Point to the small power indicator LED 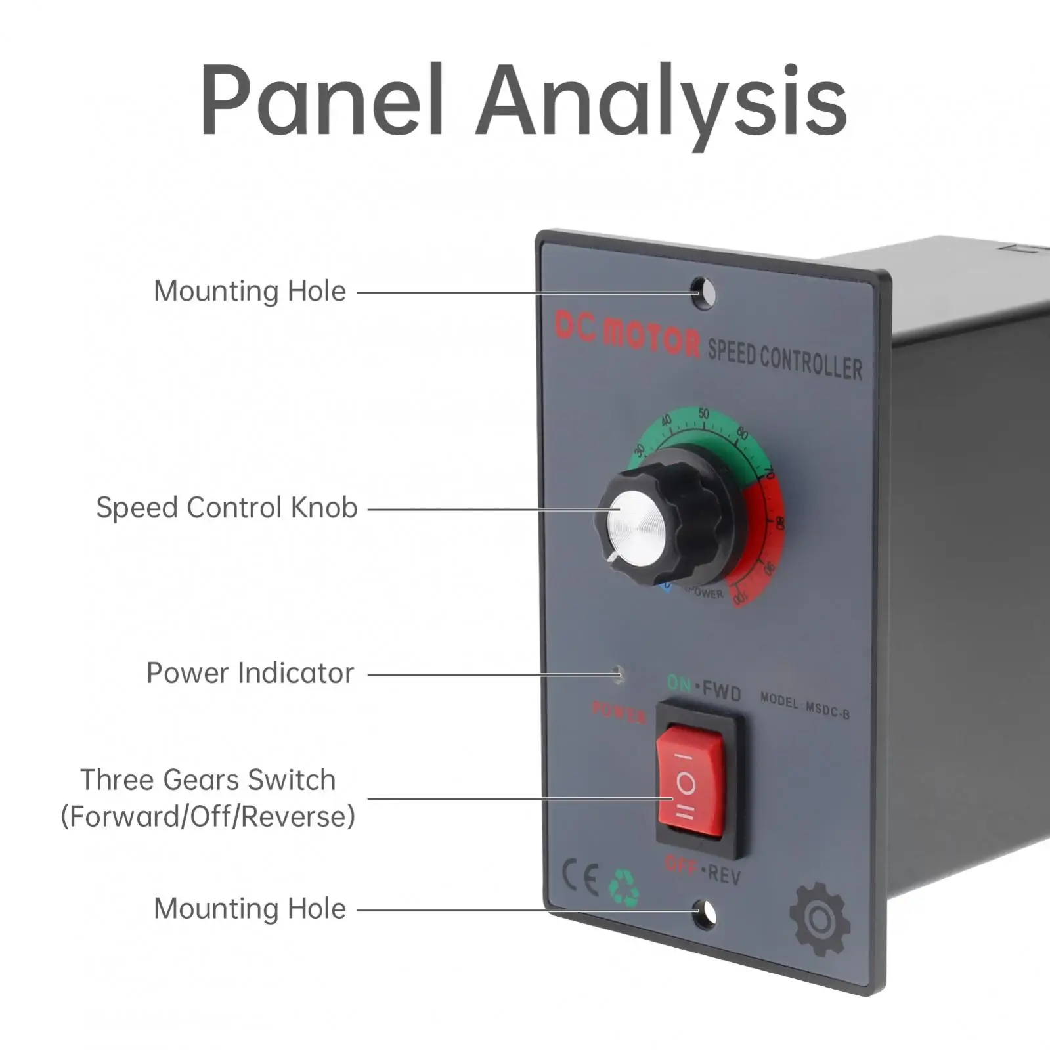tap(618, 674)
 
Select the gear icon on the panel tap(820, 919)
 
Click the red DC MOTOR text tap(627, 334)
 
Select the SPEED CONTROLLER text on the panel tap(785, 360)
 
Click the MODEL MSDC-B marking tap(804, 706)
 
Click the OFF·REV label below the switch tap(703, 870)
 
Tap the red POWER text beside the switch tap(619, 712)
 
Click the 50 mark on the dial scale tap(703, 414)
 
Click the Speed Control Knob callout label tap(227, 508)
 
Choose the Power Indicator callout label tap(250, 673)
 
